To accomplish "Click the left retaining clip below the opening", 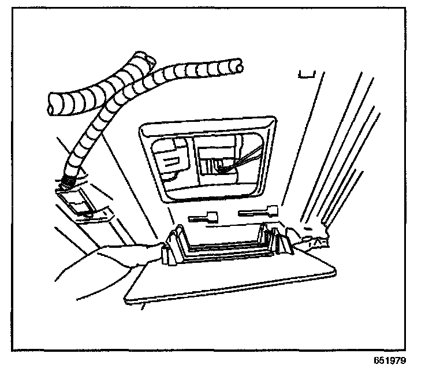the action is [x=202, y=218].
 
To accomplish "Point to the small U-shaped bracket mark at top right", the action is [x=305, y=75].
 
